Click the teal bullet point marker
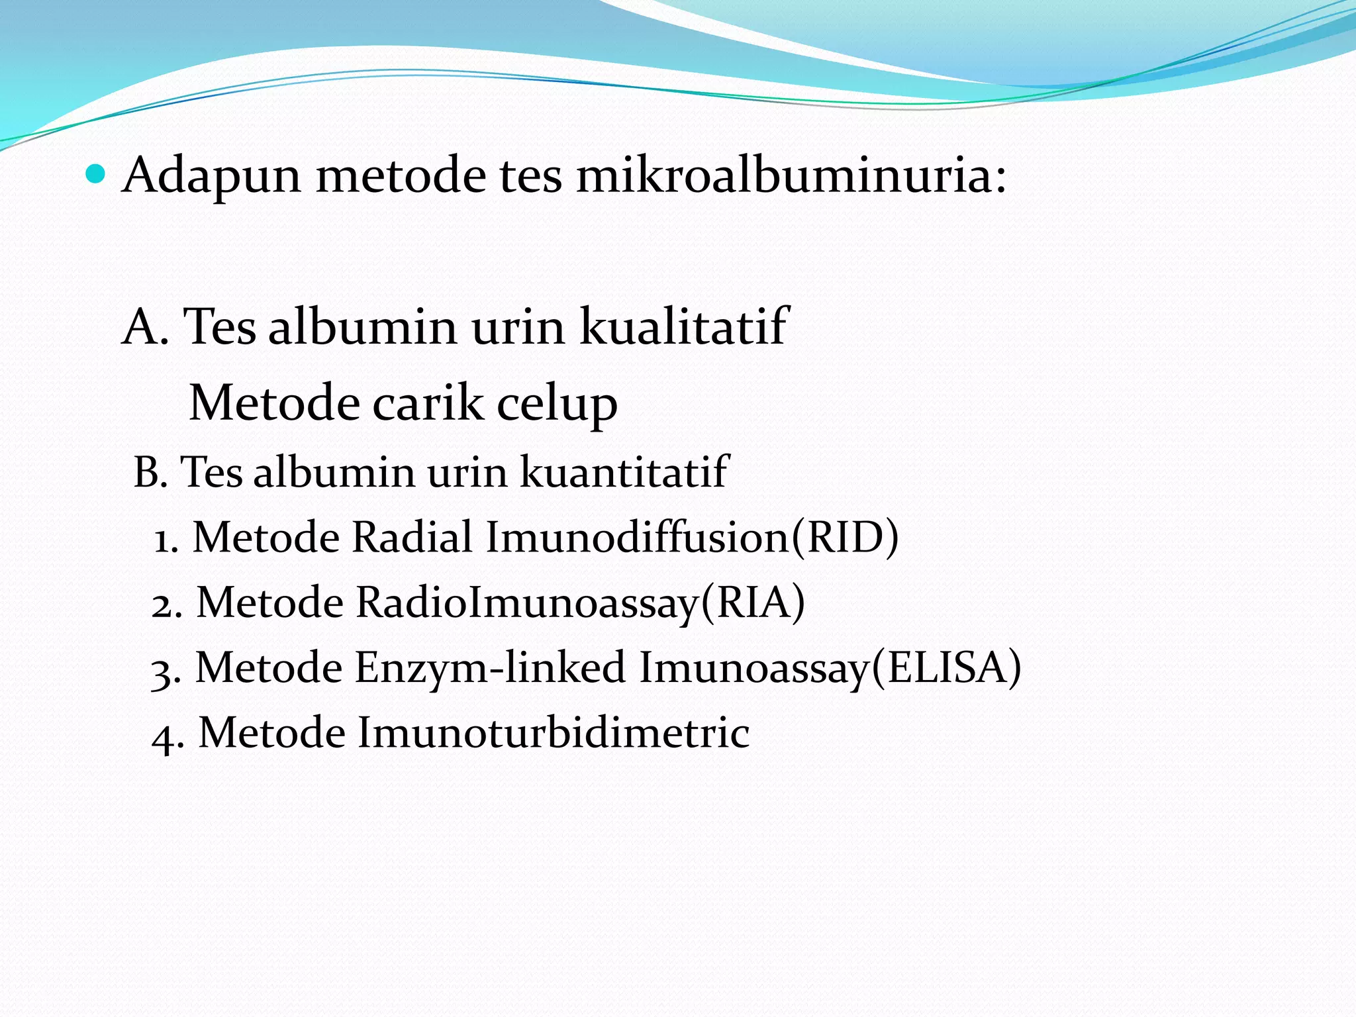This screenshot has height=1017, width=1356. pos(96,175)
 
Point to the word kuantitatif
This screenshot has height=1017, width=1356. pos(624,472)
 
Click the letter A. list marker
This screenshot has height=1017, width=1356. pos(145,327)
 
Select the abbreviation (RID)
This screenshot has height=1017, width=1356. pos(846,537)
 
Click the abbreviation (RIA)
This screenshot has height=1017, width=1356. pos(753,603)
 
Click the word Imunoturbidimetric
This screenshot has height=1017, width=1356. pos(554,732)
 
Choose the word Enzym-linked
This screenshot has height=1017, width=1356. pos(491,667)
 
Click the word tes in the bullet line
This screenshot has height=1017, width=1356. pos(530,176)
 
